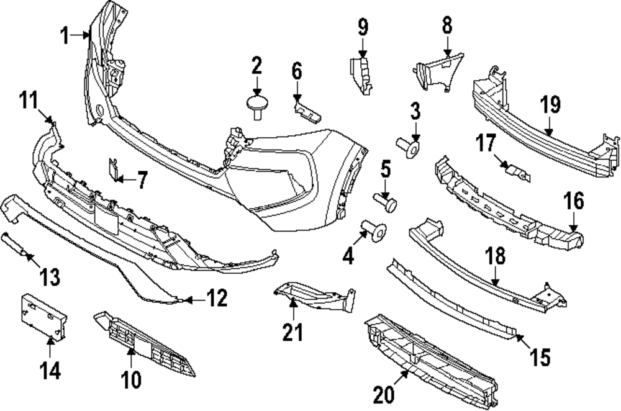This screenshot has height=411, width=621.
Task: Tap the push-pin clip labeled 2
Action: click(x=256, y=104)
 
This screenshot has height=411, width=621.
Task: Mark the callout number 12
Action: click(x=217, y=300)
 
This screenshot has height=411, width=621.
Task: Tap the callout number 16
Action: click(x=574, y=201)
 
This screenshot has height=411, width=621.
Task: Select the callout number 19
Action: click(x=550, y=104)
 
